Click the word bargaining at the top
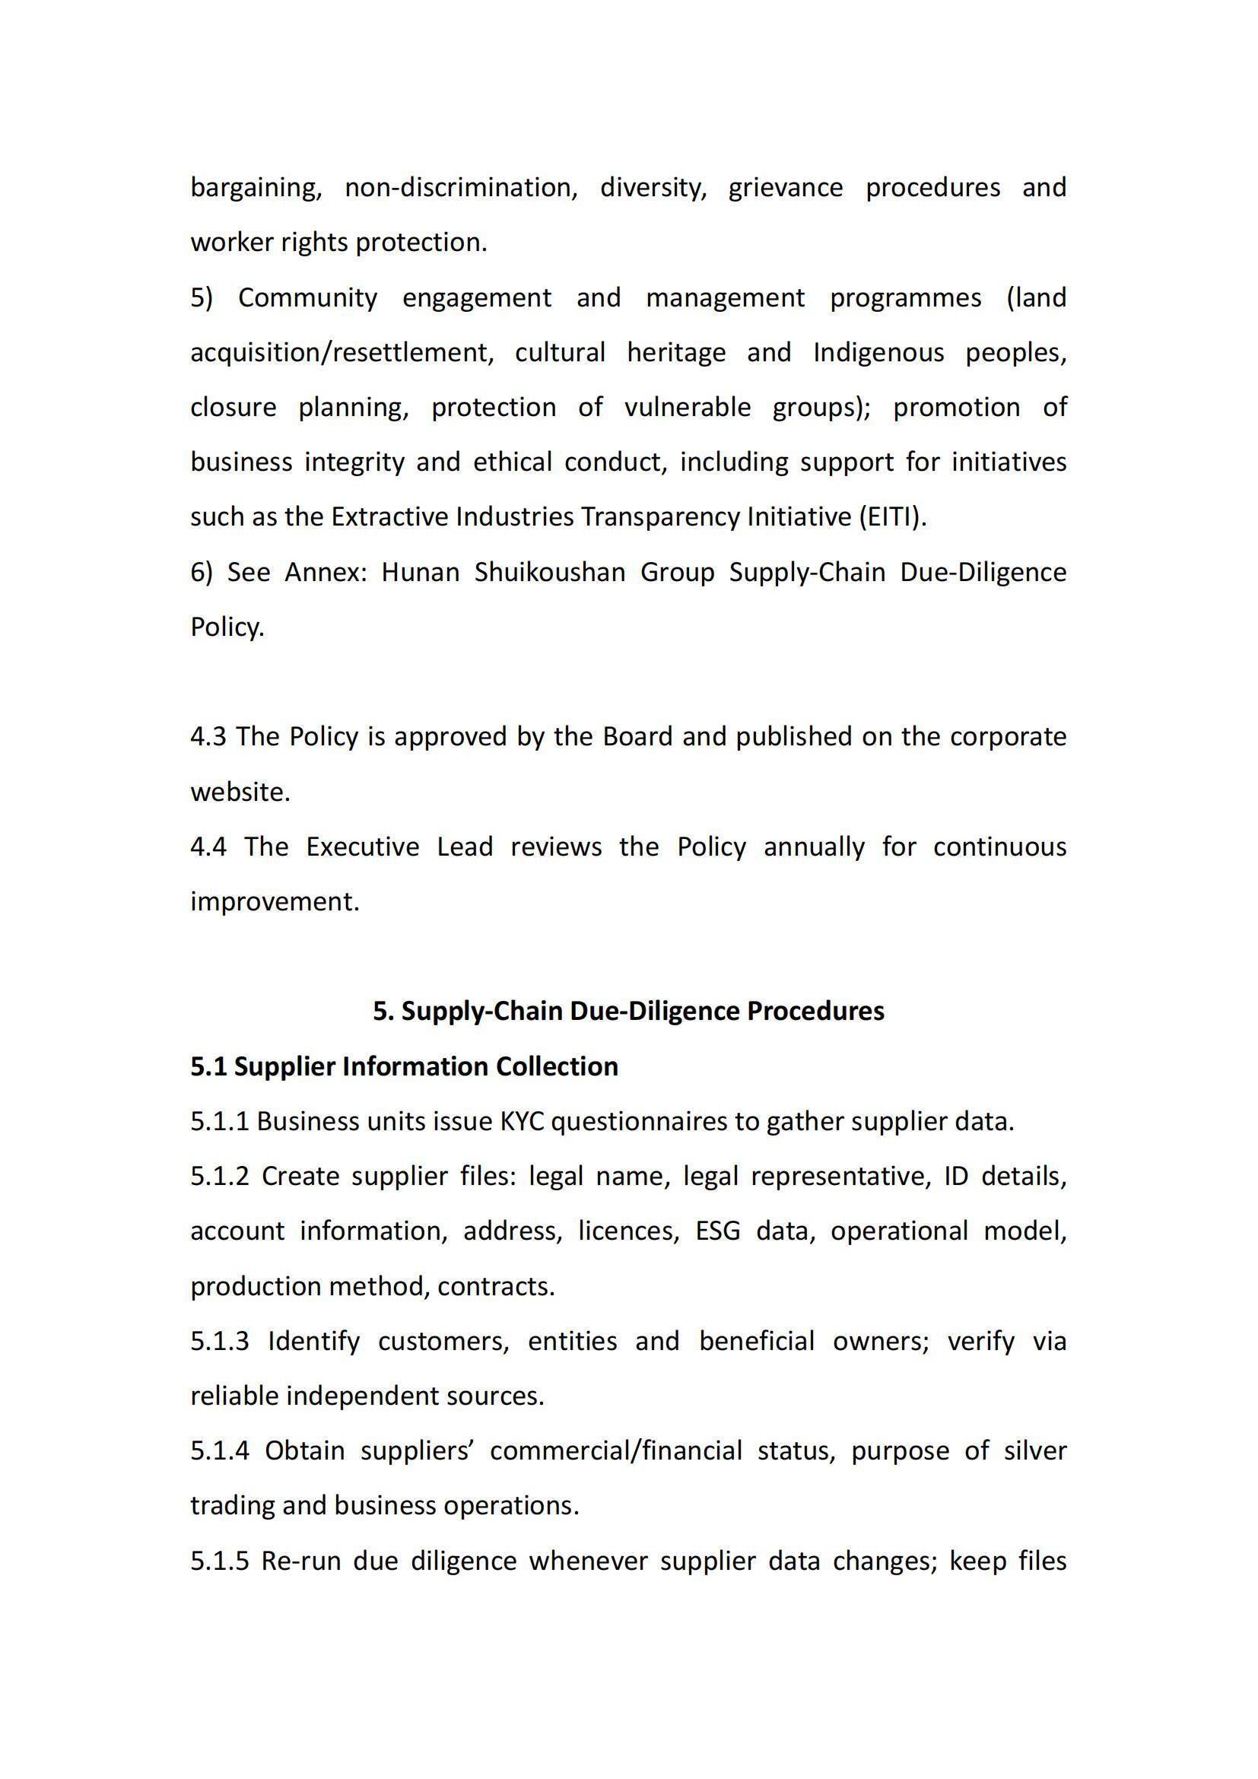[x=256, y=189]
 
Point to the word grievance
[x=785, y=189]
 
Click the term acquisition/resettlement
[x=342, y=353]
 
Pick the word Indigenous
[x=878, y=353]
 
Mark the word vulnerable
[x=687, y=408]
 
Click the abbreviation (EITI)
[x=892, y=516]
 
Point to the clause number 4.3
[x=208, y=737]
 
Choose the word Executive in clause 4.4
[x=363, y=847]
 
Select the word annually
[x=813, y=847]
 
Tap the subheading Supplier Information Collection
[x=426, y=1067]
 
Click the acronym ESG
[x=717, y=1231]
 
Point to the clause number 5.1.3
[x=220, y=1341]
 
